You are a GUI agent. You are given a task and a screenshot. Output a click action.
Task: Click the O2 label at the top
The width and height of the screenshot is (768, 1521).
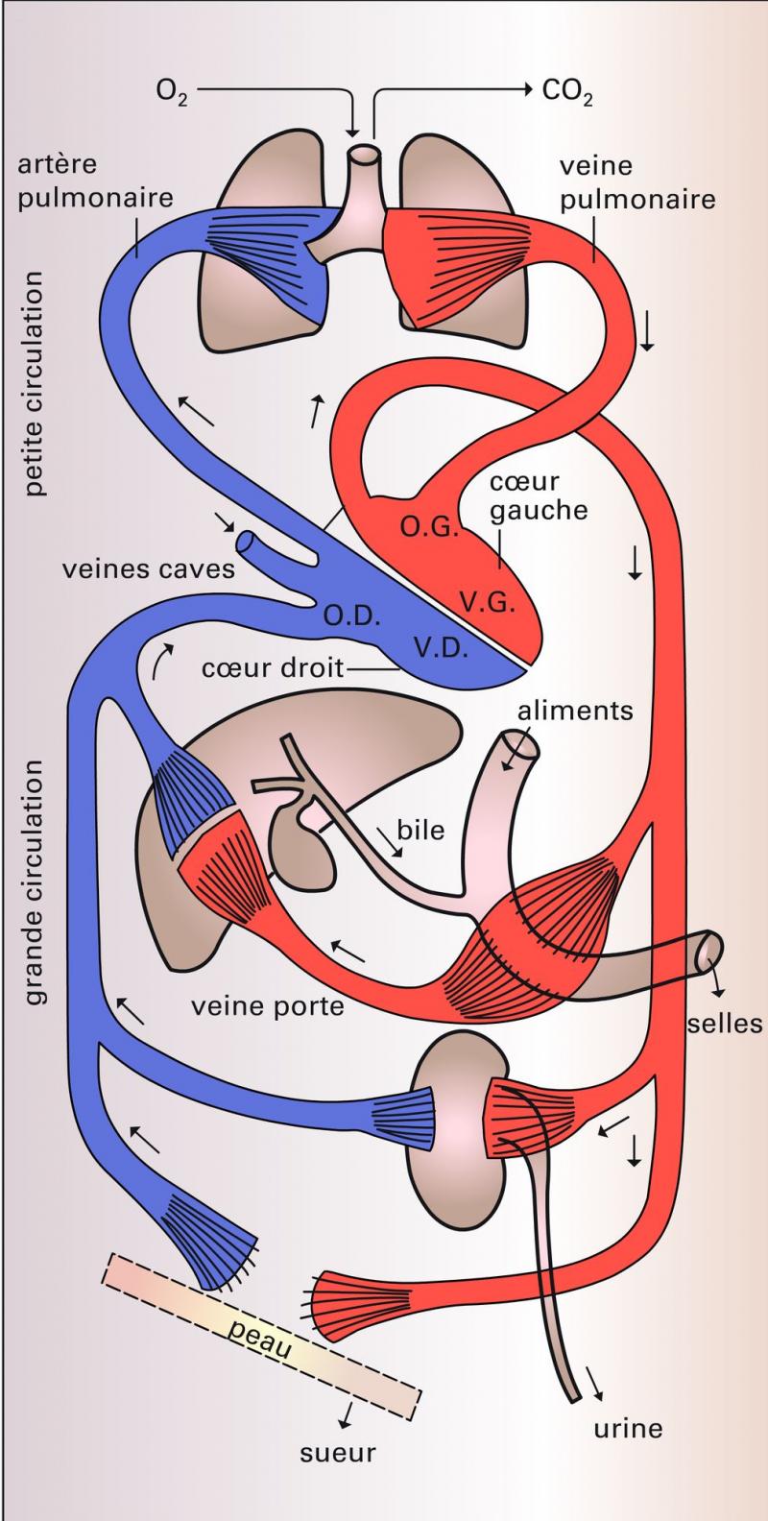click(174, 92)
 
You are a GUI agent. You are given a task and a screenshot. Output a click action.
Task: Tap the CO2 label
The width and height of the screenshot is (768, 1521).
click(567, 92)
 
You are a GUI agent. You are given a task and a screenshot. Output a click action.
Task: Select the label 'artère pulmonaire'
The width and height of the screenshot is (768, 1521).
click(94, 182)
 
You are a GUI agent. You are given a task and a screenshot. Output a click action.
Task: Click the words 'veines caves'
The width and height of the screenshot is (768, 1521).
click(149, 568)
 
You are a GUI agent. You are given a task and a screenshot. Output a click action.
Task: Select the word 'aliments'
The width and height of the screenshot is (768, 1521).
click(575, 712)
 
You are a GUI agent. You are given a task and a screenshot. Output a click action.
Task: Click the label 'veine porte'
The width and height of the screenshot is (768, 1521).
click(268, 1008)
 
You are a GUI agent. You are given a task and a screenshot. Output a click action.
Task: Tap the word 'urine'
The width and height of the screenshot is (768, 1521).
click(628, 1428)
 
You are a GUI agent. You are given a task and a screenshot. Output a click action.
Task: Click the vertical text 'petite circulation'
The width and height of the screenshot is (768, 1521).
click(36, 383)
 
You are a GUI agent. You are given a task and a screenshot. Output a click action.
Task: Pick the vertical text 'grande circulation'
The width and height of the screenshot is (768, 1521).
click(36, 883)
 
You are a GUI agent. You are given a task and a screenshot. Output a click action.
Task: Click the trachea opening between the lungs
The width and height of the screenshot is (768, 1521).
click(365, 155)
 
